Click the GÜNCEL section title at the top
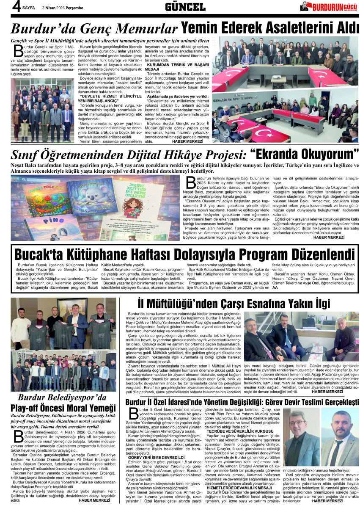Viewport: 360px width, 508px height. tap(185, 6)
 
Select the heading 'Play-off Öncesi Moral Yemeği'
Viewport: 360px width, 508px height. tap(63, 408)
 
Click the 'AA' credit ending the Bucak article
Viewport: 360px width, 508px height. tap(275, 287)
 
